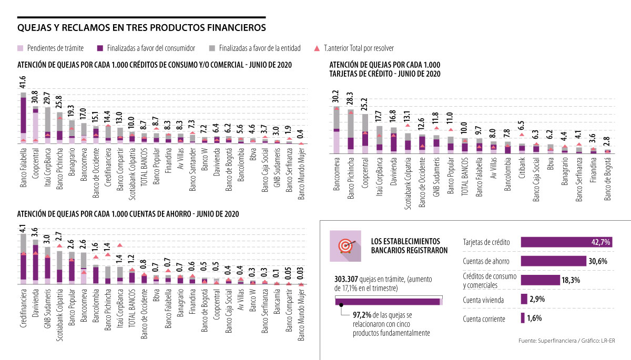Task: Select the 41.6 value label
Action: pos(23,83)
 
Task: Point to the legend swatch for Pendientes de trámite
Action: pos(21,48)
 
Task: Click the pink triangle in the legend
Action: pos(316,48)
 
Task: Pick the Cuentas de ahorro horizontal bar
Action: pos(553,261)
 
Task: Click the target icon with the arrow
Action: pos(345,245)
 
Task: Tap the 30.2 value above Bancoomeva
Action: pos(336,97)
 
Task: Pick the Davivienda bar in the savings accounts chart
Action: pos(35,263)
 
